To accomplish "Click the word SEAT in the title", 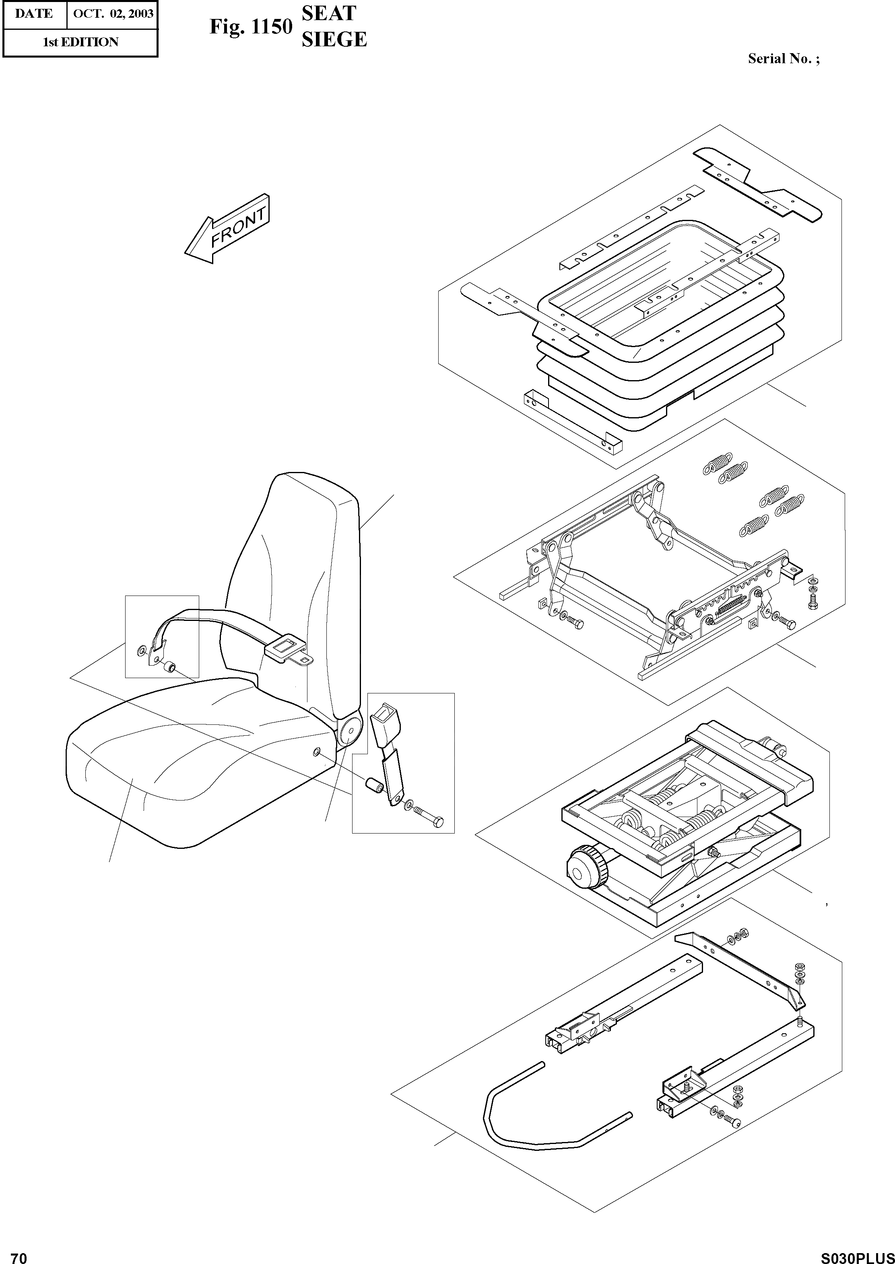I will (328, 13).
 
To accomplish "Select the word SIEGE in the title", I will (334, 39).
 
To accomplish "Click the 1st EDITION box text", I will (80, 42).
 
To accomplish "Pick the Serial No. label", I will (783, 59).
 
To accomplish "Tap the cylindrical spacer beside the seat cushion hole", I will (373, 785).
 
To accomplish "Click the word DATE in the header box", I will (34, 14).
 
